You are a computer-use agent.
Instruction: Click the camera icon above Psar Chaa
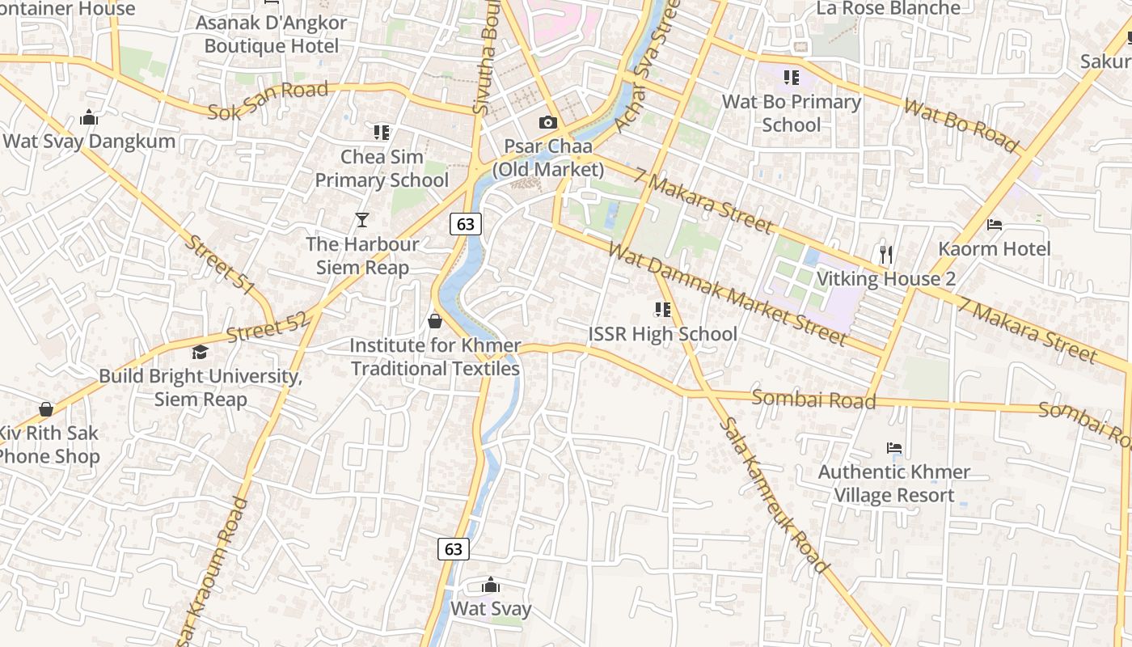pos(548,123)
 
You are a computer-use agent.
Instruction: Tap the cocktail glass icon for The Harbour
pos(362,220)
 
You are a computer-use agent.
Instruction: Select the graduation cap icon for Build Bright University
pos(200,352)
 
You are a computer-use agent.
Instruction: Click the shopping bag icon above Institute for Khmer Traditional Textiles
pos(435,321)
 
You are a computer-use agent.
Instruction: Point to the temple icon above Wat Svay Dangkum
pos(89,118)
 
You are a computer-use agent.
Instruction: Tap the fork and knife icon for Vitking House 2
pos(886,255)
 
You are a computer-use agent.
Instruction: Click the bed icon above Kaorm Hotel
pos(995,224)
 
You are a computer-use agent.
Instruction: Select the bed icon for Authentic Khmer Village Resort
pos(893,447)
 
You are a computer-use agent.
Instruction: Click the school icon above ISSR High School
pos(662,310)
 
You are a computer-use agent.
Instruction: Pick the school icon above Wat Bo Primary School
pos(791,78)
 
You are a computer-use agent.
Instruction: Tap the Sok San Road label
pos(268,101)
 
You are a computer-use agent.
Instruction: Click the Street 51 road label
pos(220,264)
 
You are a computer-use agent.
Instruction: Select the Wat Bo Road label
pos(961,125)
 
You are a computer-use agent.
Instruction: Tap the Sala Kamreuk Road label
pos(772,495)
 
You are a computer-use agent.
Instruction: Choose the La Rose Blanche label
pos(888,9)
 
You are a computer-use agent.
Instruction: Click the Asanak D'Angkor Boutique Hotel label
pos(271,34)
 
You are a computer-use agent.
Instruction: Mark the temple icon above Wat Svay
pos(490,586)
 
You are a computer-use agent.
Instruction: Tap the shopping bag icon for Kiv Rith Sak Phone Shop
pos(46,410)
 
